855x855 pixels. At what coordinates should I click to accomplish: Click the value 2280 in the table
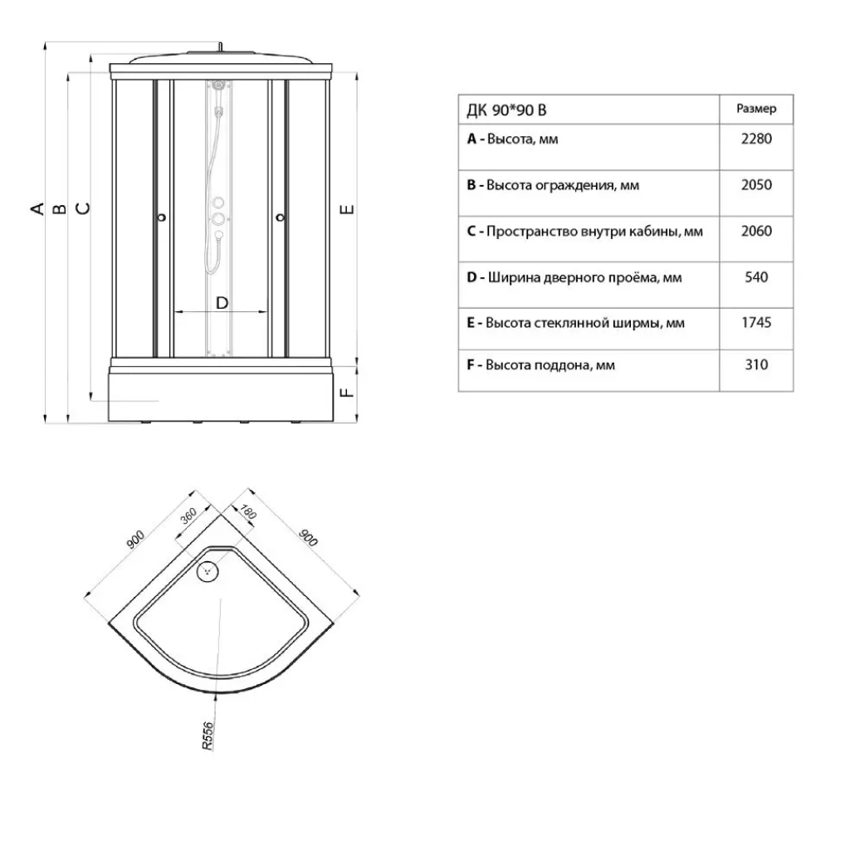[755, 139]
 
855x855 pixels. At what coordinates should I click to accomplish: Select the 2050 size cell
[755, 185]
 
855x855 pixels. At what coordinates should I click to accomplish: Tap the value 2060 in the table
[755, 231]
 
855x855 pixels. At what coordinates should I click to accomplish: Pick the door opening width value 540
[755, 277]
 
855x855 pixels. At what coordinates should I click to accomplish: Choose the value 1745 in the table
[755, 323]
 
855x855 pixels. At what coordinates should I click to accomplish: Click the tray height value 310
[755, 364]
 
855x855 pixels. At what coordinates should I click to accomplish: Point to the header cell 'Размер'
[755, 109]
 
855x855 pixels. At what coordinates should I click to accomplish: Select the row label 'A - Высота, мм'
[513, 139]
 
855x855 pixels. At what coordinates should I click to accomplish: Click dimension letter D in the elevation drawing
[222, 303]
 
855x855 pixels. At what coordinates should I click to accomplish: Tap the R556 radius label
[208, 735]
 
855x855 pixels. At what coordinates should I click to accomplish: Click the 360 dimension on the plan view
[189, 519]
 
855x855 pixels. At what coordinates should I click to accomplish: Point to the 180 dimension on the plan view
[247, 513]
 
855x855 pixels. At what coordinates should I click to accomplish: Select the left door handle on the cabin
[162, 217]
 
